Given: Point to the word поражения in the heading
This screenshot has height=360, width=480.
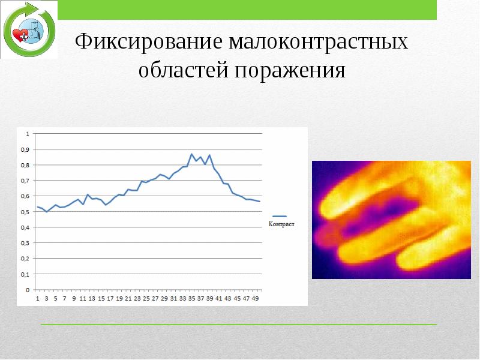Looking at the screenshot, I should (x=290, y=71).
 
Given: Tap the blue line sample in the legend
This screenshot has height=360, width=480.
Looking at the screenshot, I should (x=280, y=215).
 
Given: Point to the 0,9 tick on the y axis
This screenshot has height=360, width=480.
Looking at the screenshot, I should (x=25, y=149).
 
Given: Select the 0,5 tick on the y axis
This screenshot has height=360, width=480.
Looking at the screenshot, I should (x=25, y=212).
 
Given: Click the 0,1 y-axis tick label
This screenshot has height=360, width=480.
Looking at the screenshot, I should (x=25, y=274).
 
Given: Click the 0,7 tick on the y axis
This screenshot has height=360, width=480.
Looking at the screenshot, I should (x=25, y=181).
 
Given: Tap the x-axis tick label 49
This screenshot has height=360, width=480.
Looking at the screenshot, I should (x=255, y=298).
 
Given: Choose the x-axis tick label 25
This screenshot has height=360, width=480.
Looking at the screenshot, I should (x=146, y=298).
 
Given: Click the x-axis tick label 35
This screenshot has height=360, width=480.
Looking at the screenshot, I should (x=191, y=298).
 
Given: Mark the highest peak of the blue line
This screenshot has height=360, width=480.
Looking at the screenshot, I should (x=192, y=154).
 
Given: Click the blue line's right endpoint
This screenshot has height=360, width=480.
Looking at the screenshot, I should (x=260, y=202).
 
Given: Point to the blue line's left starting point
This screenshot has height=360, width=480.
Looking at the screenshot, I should (x=37, y=206).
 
